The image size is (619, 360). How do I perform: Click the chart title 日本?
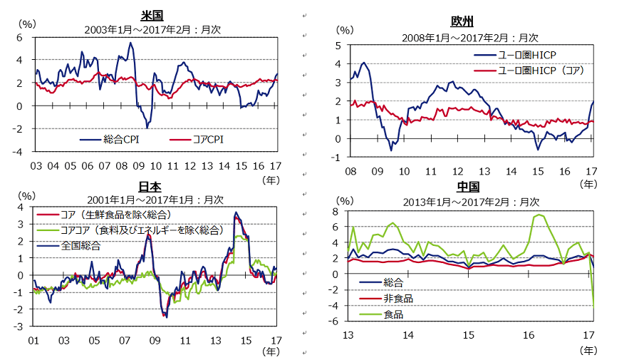point(149,186)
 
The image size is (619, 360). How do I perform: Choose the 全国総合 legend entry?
point(80,245)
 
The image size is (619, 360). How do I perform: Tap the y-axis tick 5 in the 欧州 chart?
point(337,46)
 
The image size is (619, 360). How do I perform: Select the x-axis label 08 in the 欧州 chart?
point(349,171)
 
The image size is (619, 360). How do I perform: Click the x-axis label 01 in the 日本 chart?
point(33,339)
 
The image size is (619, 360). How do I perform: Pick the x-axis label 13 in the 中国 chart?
point(349,335)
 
